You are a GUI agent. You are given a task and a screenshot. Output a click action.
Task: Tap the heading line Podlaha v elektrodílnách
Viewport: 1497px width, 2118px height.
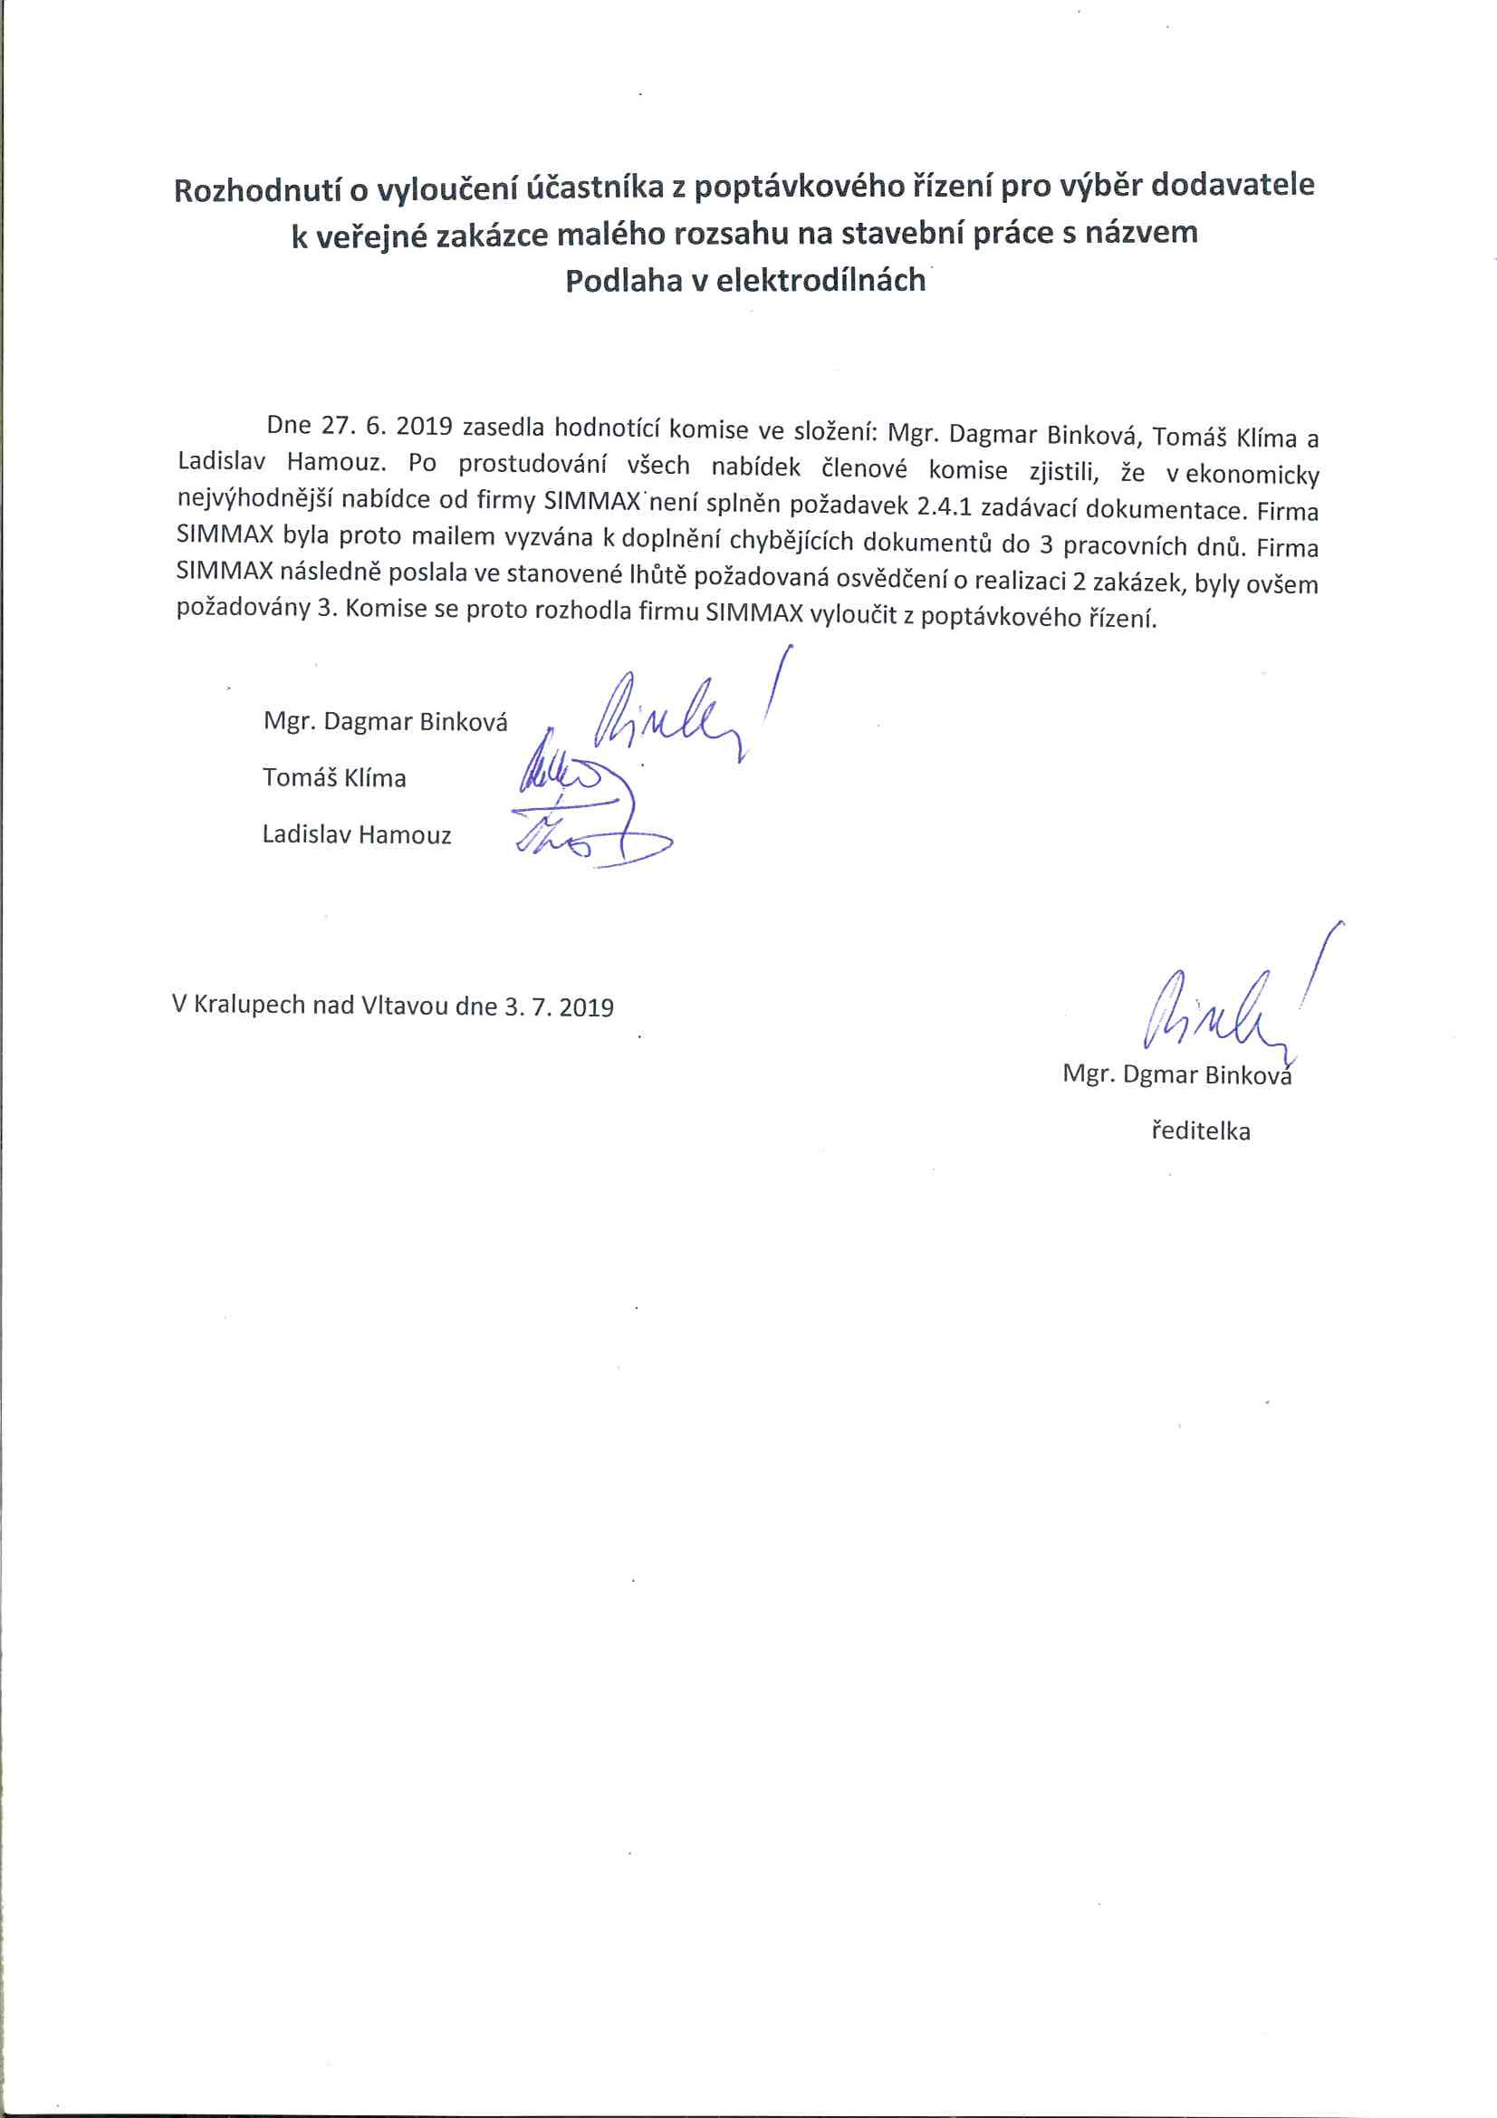[744, 280]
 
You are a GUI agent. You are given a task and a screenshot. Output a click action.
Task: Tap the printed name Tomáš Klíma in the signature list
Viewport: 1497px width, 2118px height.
[334, 777]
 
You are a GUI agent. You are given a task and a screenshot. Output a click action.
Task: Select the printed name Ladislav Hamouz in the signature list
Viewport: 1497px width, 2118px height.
[357, 835]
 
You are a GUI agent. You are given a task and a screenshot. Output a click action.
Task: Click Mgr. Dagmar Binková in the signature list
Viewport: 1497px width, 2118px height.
[385, 721]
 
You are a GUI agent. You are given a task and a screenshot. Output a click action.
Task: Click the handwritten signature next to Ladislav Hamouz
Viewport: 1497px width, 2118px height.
[590, 835]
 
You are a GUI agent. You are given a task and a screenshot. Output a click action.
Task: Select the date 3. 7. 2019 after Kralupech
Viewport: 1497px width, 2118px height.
[559, 1006]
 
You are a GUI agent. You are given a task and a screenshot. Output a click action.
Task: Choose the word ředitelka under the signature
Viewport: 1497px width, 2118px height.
[1200, 1131]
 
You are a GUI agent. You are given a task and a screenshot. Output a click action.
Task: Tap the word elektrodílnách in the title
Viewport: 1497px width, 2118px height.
[820, 280]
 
